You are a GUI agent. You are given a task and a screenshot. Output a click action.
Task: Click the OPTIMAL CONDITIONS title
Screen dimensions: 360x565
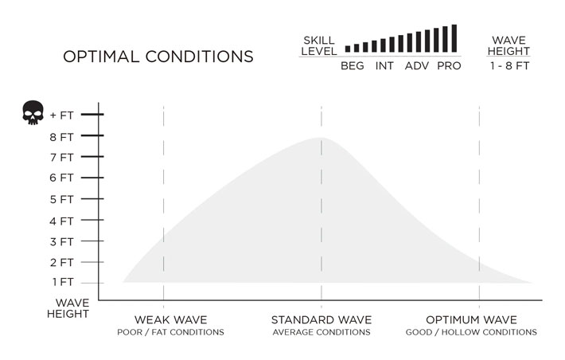tap(158, 57)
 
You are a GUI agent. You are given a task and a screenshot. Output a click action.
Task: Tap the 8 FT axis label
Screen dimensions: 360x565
tap(62, 136)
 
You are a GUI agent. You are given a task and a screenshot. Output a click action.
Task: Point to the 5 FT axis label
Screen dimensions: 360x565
tap(62, 198)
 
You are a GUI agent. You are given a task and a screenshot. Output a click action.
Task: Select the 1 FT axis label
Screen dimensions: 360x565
tap(63, 282)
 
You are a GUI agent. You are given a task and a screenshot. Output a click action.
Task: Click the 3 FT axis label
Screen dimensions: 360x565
tap(62, 241)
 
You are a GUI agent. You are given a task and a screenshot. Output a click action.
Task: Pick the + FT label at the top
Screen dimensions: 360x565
tap(61, 115)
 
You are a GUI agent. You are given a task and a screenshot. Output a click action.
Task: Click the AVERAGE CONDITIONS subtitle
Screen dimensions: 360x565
tap(321, 332)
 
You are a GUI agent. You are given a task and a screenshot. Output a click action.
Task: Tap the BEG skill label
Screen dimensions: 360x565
tap(352, 66)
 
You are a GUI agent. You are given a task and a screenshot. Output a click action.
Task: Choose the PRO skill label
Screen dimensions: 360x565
tap(449, 66)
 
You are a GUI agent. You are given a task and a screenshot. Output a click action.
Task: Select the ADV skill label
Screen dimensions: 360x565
tap(416, 66)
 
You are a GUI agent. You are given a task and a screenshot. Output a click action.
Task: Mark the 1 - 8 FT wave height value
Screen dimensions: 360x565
tap(509, 66)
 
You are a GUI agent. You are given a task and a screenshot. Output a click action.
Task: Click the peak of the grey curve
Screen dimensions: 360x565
tap(321, 139)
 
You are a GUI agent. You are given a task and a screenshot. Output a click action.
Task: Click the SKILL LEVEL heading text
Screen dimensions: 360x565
tap(318, 45)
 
